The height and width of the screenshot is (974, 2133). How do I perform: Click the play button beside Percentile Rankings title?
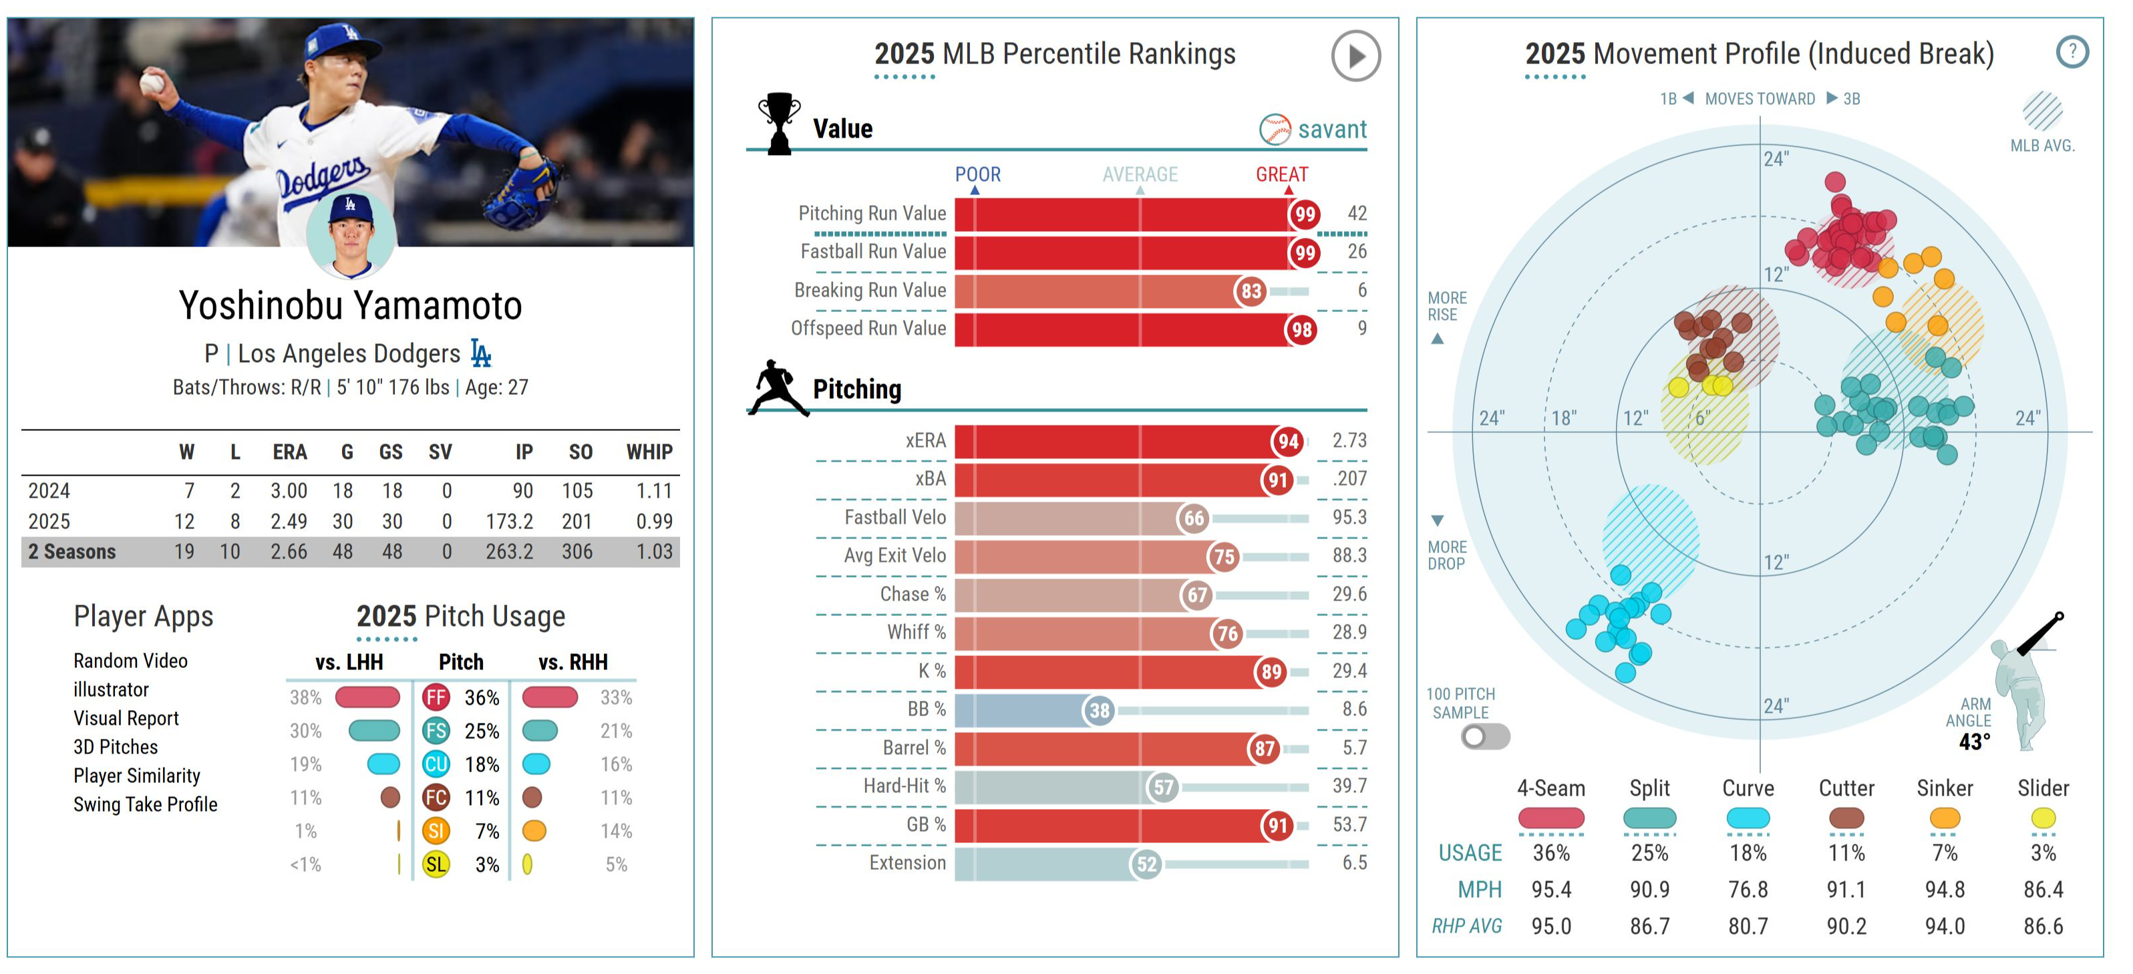coord(1355,56)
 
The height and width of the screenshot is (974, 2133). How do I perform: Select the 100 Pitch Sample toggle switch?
coord(1484,736)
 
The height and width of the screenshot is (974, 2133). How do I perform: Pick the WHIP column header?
coord(649,452)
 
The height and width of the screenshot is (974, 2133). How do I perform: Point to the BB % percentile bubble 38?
coord(1099,710)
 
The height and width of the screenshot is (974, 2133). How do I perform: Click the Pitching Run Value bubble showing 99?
coord(1304,214)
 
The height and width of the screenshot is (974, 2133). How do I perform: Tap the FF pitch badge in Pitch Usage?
coord(436,697)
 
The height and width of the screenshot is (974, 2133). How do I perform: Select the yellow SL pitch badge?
coord(436,864)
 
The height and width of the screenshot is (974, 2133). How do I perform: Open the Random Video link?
coord(130,661)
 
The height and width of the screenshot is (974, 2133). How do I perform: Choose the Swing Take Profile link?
coord(145,804)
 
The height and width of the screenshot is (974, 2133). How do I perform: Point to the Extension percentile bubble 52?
coord(1146,864)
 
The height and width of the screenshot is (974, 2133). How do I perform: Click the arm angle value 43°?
coord(1973,742)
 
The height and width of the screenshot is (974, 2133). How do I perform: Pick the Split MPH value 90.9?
coord(1649,890)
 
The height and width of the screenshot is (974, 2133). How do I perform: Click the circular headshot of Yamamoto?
coord(350,234)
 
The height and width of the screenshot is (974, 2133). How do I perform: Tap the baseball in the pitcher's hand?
coord(152,82)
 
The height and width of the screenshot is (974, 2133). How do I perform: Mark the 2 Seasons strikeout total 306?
coord(577,552)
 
